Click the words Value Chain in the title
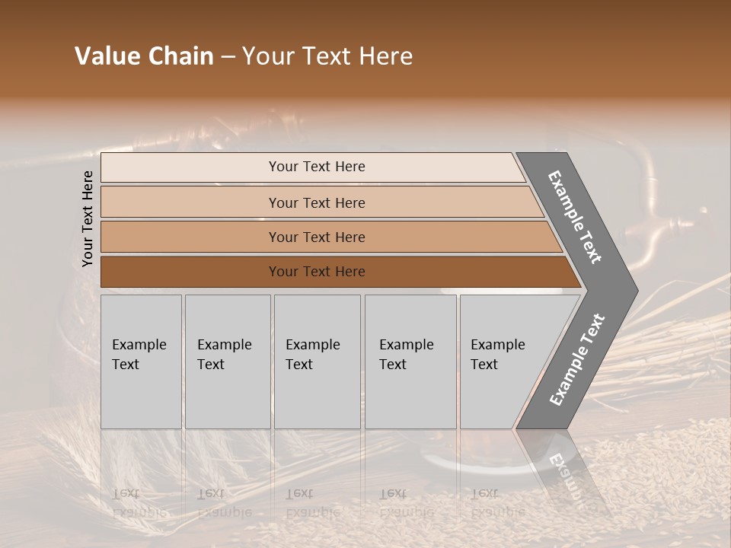click(144, 56)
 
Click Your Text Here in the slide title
click(327, 56)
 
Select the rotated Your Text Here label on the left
click(88, 219)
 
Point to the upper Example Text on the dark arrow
click(575, 217)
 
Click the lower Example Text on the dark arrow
click(576, 359)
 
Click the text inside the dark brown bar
click(317, 272)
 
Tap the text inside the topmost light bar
click(317, 167)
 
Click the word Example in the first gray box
click(139, 345)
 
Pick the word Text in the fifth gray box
click(484, 365)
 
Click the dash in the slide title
click(228, 57)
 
